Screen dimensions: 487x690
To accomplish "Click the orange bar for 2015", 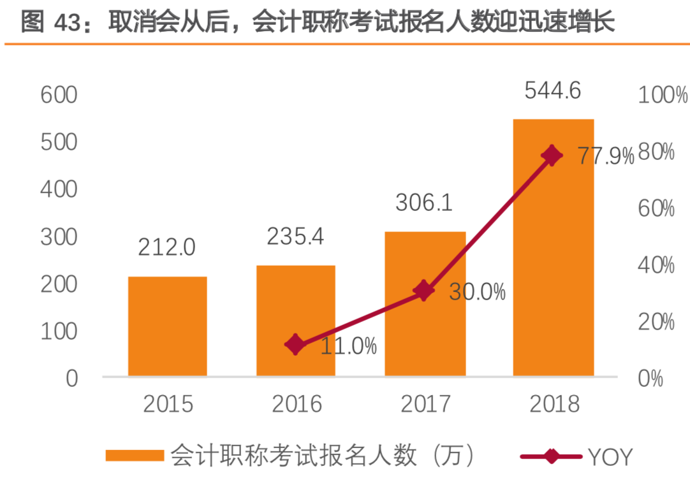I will pos(168,326).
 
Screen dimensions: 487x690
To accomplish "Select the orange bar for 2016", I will pos(296,321).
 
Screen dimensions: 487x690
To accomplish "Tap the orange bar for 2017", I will pos(425,303).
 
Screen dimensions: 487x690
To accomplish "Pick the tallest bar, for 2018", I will pos(554,247).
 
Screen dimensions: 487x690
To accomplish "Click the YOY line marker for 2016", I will pos(295,345).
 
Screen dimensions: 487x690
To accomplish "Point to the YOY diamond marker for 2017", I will pos(423,291).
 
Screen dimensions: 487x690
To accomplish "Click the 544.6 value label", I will pos(553,91).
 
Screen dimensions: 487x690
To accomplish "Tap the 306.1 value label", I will pos(424,203).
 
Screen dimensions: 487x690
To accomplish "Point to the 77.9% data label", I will pos(606,156).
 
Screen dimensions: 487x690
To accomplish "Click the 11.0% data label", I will pos(348,347).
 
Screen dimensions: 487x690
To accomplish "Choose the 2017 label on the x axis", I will pos(425,403).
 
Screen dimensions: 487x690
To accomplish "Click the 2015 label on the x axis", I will pos(168,403).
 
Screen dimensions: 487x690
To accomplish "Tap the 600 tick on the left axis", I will pos(59,96).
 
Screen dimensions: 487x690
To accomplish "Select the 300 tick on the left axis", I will pos(59,236).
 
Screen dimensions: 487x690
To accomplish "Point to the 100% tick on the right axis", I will pos(663,96).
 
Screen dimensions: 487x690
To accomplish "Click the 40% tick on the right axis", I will pos(656,265).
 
